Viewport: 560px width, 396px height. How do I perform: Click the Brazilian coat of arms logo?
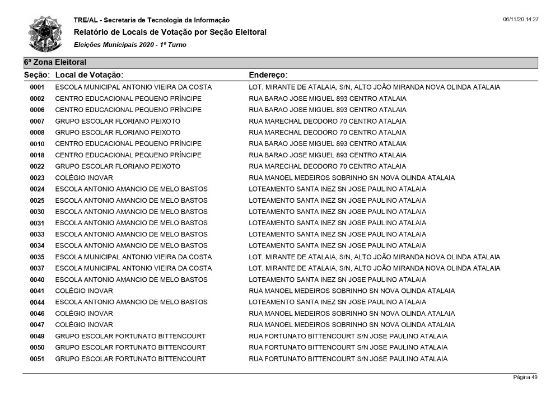[46, 34]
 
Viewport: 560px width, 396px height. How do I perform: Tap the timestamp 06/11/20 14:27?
[520, 20]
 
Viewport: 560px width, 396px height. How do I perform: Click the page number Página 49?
[525, 378]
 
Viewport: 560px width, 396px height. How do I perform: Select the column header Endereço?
[268, 74]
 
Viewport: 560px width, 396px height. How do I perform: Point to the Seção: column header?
[38, 74]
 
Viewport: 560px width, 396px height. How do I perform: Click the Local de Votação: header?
[89, 74]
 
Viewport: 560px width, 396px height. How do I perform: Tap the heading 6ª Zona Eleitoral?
[55, 63]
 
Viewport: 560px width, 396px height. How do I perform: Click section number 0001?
[37, 87]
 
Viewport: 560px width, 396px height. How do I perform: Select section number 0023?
[37, 178]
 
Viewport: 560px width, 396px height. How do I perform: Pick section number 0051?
[37, 359]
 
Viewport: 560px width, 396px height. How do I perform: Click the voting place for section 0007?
[118, 122]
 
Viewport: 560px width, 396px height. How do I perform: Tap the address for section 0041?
[352, 291]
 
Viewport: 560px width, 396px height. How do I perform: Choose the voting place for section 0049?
[130, 337]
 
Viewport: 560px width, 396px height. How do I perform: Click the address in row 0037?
[374, 268]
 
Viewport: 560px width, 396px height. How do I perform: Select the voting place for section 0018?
[128, 155]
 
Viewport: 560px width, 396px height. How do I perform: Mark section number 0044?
[37, 302]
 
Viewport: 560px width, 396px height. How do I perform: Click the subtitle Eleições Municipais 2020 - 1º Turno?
[130, 45]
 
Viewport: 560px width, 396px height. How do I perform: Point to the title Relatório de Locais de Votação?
[170, 32]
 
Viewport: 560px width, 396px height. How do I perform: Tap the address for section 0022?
[328, 166]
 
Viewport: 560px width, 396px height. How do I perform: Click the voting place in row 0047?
[84, 325]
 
